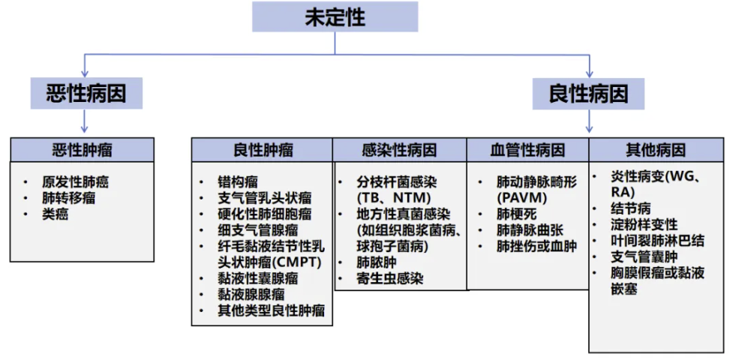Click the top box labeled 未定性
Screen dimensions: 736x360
(335, 17)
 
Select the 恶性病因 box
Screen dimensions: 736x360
(86, 94)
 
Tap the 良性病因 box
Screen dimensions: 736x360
(589, 94)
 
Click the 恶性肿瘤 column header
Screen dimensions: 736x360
(82, 150)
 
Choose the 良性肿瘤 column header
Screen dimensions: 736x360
(263, 150)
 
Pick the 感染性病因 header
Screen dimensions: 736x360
(400, 150)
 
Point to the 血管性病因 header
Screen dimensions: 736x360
(527, 150)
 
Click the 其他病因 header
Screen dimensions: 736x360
(656, 150)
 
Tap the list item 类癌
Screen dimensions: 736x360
(55, 214)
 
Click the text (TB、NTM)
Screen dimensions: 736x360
(393, 198)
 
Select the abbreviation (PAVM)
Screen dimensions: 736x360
(522, 198)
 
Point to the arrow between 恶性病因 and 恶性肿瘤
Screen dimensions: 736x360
(85, 121)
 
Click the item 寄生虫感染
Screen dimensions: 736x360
(389, 278)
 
